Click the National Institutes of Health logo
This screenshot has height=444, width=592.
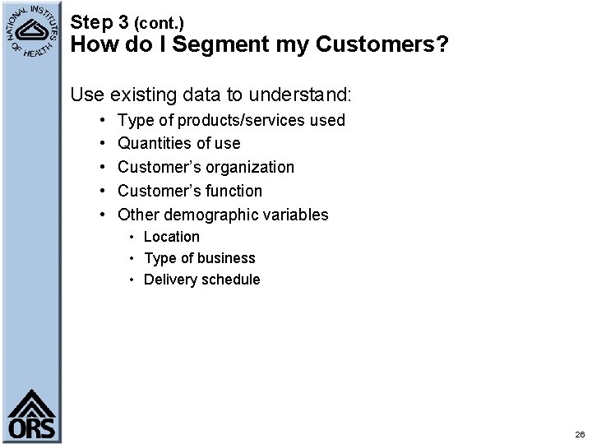pos(31,32)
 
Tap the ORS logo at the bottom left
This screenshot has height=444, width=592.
pos(32,415)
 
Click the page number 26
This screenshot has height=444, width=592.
pos(580,433)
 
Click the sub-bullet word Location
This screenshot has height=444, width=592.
pos(172,237)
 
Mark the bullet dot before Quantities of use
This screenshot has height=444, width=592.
pos(100,144)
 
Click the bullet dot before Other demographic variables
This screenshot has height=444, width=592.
pos(100,215)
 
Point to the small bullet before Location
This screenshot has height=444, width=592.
pos(132,238)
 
